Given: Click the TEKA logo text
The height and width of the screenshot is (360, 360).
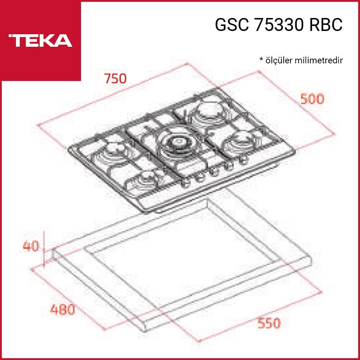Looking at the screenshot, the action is coord(40,40).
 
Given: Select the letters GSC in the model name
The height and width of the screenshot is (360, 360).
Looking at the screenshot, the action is coord(232,24).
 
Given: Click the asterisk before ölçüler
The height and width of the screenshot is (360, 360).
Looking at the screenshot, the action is coord(261,59).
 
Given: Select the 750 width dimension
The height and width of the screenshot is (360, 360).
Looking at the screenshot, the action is coord(116,78).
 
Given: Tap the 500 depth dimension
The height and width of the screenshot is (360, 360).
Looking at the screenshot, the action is coord(312,99).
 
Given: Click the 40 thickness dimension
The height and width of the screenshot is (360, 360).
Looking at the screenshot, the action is coord(31,246).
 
